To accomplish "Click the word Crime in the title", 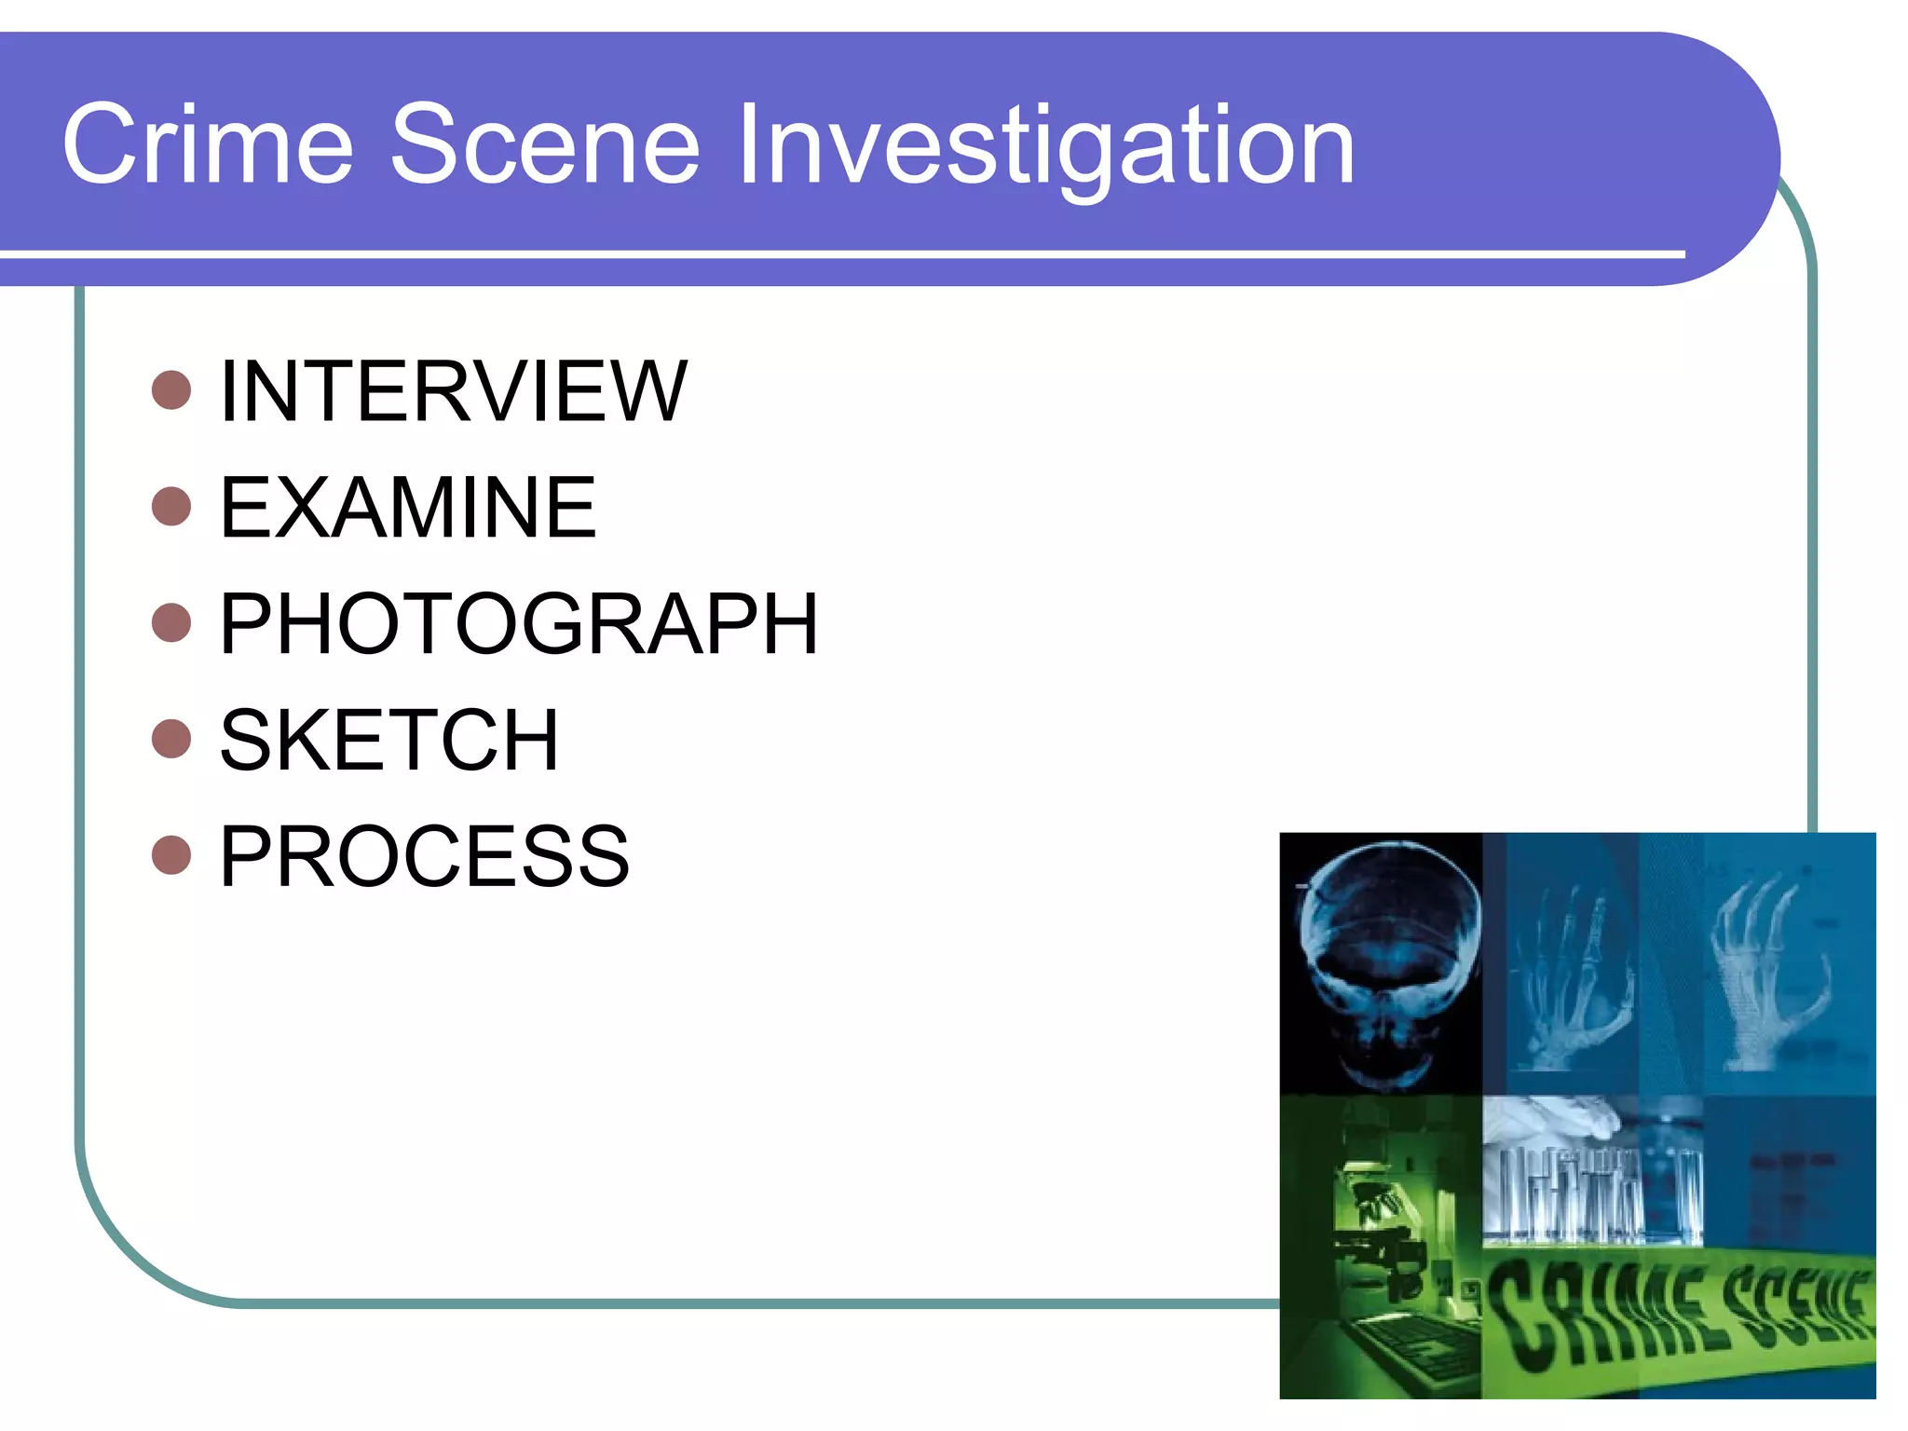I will click(207, 145).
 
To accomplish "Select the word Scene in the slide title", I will click(544, 145).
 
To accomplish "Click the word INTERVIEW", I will click(453, 391).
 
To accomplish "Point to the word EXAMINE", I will click(407, 508).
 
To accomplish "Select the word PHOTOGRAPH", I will click(518, 624).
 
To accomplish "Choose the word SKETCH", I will click(388, 741).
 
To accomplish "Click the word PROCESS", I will click(424, 856).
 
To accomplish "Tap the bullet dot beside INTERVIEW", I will click(171, 390).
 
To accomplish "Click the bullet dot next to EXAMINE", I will click(171, 507).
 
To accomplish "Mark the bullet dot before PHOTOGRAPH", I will click(171, 623).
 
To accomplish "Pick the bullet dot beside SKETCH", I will click(171, 739).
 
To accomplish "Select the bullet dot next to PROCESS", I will click(171, 855).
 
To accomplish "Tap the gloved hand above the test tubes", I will click(1565, 1118).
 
